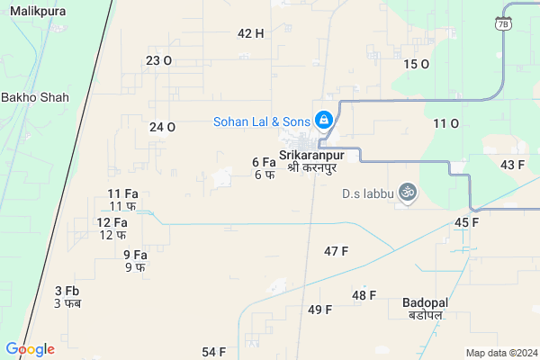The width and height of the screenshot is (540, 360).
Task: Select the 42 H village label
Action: point(250,33)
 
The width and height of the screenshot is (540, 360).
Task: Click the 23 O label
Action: point(158,60)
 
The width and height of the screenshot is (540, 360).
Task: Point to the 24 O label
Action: point(162,127)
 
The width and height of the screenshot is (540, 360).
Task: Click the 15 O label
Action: point(416,64)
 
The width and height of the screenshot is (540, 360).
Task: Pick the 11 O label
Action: point(445,123)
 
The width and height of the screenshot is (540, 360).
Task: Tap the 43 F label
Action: point(513,165)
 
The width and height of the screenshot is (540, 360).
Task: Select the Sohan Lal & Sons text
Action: point(260,121)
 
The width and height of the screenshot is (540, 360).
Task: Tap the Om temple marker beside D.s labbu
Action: point(406,193)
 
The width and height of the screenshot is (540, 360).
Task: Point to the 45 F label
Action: point(466,222)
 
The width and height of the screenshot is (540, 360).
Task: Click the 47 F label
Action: point(336,251)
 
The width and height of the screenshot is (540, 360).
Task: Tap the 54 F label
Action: point(213,351)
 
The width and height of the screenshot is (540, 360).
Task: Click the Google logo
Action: point(30,349)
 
